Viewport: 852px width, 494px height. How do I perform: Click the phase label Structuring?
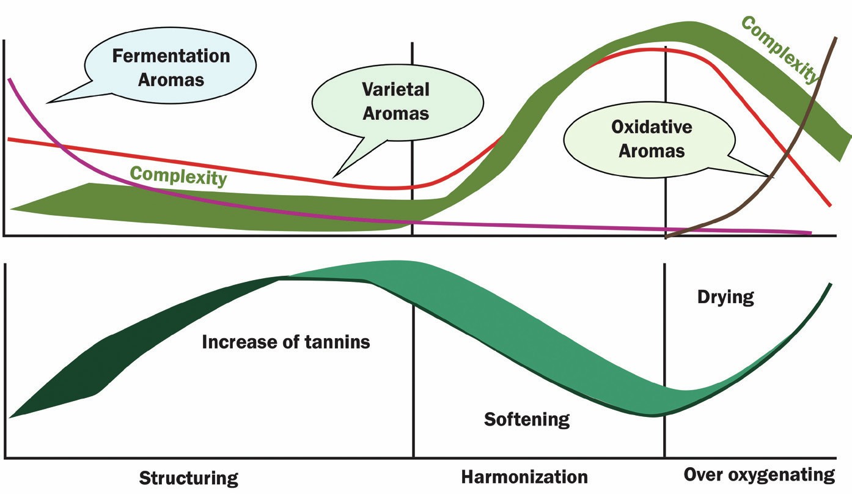click(x=188, y=477)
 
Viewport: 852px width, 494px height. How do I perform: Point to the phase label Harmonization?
click(x=524, y=476)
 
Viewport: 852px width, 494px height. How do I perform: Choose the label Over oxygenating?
click(x=758, y=475)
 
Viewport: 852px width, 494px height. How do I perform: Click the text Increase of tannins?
click(x=285, y=342)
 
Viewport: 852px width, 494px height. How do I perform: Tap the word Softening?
click(x=526, y=419)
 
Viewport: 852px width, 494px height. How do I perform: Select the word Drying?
click(x=725, y=298)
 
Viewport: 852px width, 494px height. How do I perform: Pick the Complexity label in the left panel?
click(x=178, y=176)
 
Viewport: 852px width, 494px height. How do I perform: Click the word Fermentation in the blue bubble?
click(x=171, y=56)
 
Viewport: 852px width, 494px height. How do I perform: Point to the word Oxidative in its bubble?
click(x=652, y=127)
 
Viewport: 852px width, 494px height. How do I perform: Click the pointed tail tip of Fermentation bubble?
click(x=47, y=101)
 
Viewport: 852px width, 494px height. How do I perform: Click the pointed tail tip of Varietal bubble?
click(x=334, y=174)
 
